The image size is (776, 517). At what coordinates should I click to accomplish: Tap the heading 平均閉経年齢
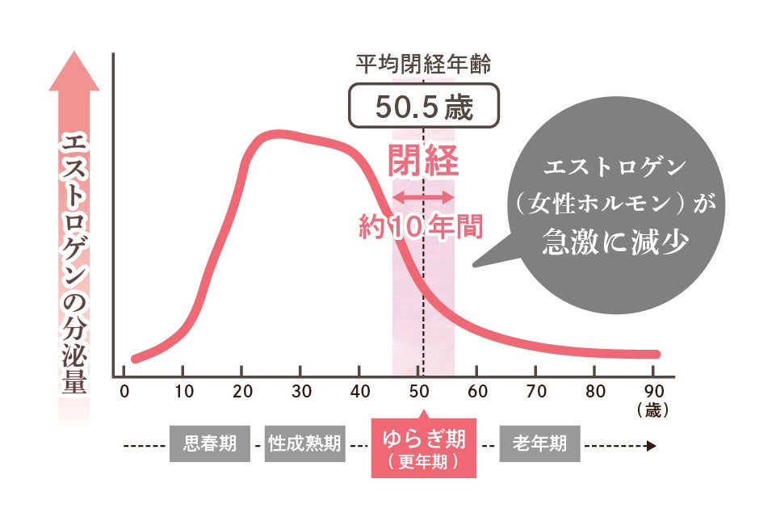(x=424, y=62)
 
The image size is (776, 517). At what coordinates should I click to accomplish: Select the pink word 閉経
(x=424, y=162)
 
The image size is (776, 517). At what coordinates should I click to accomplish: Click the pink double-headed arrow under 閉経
(x=424, y=196)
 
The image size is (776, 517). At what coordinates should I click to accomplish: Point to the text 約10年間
(x=420, y=226)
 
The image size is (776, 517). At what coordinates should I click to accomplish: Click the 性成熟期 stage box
(x=304, y=443)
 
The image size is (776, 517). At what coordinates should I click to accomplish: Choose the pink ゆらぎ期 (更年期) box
(x=424, y=448)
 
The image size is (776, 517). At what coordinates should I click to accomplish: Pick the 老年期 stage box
(x=539, y=443)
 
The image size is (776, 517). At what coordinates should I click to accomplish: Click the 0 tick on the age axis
(x=124, y=393)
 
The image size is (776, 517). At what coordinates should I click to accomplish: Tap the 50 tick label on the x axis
(x=418, y=393)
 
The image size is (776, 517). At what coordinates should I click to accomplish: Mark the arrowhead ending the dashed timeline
(x=652, y=444)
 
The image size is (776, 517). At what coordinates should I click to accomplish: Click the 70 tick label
(x=536, y=393)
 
